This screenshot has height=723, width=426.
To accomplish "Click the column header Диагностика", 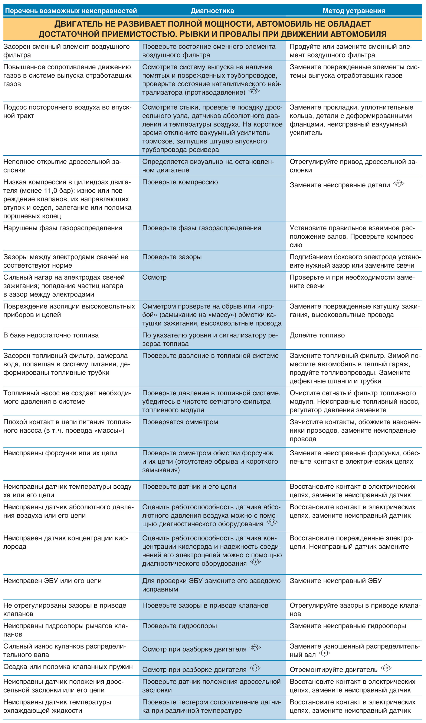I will (x=212, y=11).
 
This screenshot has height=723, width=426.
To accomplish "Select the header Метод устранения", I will (x=354, y=11).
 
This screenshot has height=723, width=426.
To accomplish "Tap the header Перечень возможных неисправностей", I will (x=71, y=11).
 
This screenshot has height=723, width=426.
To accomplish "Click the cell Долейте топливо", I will (x=317, y=335).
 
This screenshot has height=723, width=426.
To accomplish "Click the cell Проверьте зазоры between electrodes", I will (x=172, y=257).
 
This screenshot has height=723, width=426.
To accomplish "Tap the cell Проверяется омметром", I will (x=180, y=422).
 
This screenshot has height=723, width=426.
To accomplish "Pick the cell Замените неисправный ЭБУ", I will (x=335, y=581).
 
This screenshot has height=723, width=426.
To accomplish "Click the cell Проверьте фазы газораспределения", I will (x=201, y=228).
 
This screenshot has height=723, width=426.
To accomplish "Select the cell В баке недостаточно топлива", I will (x=51, y=335).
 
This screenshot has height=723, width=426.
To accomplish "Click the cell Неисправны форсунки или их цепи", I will (x=60, y=453).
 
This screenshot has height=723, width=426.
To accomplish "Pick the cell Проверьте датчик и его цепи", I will (x=189, y=487).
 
